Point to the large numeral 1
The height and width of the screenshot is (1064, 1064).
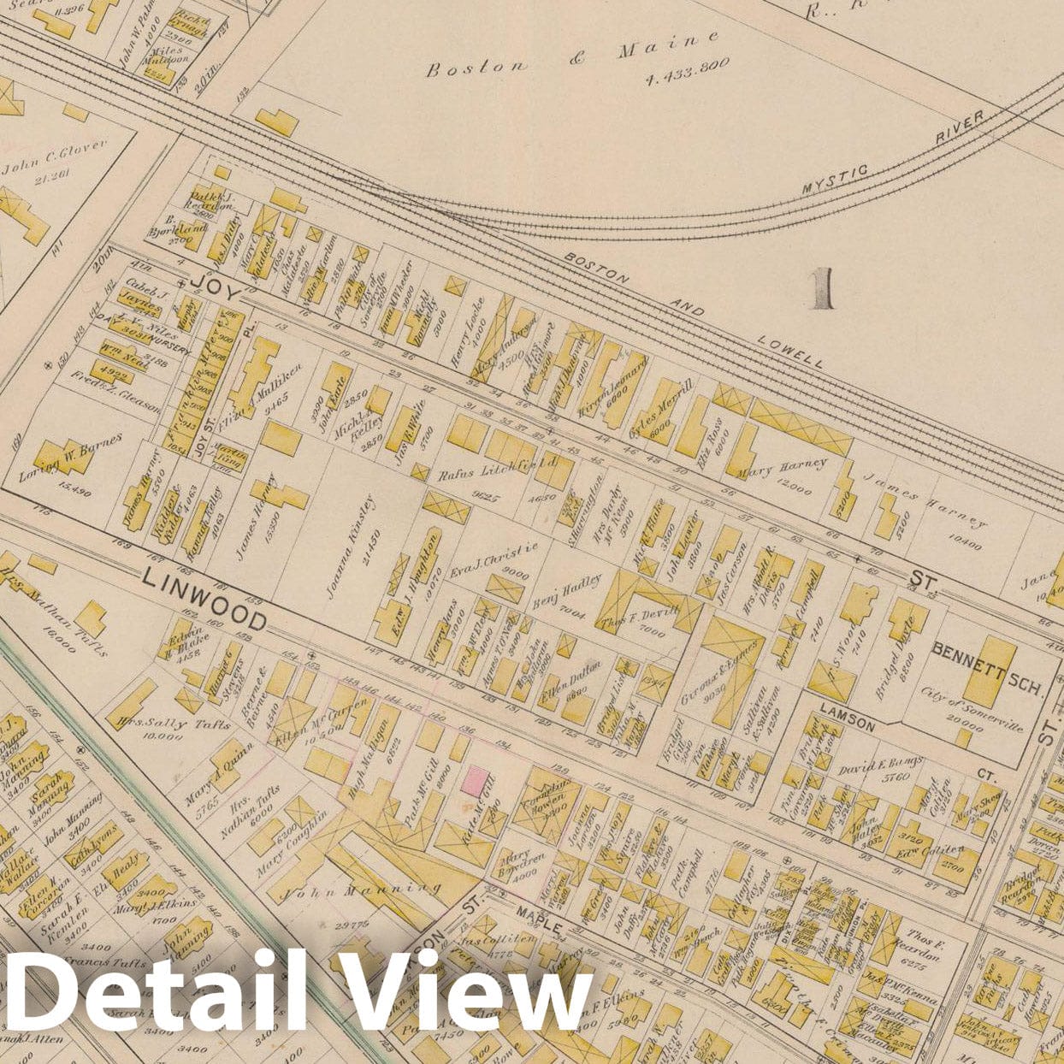(823, 288)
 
